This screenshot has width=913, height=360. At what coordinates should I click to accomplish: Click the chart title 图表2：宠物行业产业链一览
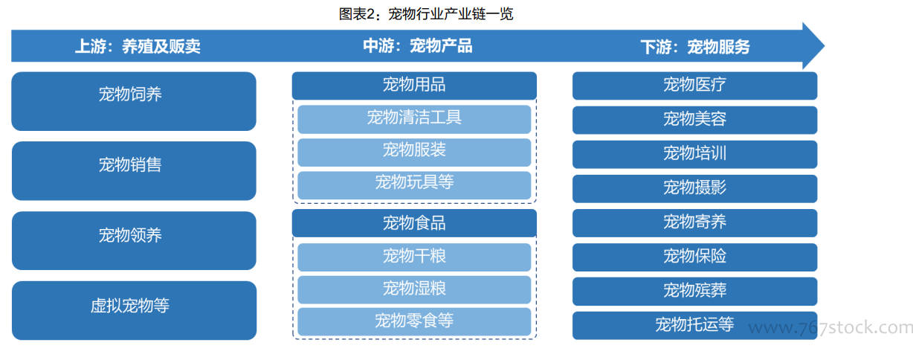tap(426, 14)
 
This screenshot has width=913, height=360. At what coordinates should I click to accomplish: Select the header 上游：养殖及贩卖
tap(138, 46)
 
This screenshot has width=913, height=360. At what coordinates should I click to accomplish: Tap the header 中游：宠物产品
tap(418, 45)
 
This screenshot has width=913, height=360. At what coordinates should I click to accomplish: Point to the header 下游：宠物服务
tap(695, 46)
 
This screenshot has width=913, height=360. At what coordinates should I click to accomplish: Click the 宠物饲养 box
tap(134, 101)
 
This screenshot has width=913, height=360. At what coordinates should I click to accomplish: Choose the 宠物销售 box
tap(134, 171)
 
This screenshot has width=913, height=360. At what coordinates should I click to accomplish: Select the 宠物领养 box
tap(134, 240)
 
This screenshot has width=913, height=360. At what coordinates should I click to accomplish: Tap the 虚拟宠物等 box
tap(134, 310)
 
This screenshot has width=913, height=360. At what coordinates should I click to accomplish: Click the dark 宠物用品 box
tap(414, 86)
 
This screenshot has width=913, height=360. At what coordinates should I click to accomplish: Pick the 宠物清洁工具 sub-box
tap(414, 119)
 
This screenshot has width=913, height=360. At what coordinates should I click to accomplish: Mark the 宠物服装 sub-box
tap(414, 152)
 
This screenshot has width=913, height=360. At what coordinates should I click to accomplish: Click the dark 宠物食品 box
tap(414, 223)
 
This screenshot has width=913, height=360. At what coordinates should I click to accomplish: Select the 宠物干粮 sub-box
tap(414, 257)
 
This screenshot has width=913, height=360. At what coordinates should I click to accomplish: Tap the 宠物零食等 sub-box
tap(414, 321)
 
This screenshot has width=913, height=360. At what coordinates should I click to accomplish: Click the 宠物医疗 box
tap(694, 86)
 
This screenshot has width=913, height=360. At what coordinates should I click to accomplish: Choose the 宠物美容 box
tap(694, 120)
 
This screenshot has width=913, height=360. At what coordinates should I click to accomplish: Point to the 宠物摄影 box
tap(694, 188)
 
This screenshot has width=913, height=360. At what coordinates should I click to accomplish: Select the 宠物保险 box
tap(694, 257)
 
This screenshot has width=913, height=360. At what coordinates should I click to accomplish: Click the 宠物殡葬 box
tap(694, 291)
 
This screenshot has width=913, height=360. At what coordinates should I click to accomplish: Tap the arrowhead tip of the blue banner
tap(825, 45)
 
